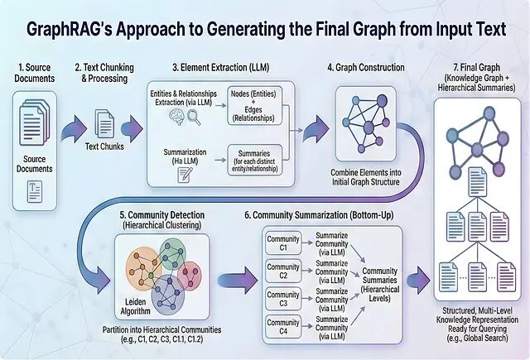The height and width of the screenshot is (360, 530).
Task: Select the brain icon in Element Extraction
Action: pos(176,117)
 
